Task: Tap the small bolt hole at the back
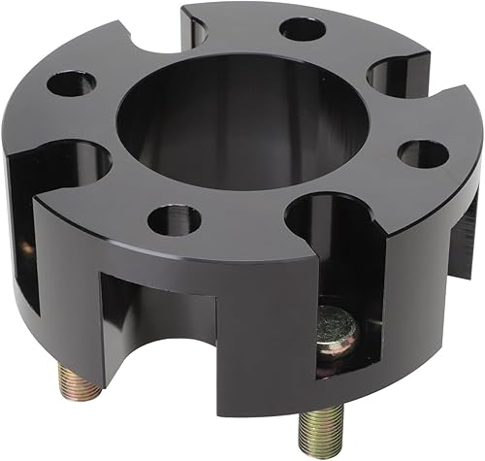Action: (302, 28)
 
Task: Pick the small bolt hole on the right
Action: (423, 153)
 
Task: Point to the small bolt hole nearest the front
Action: (175, 218)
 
